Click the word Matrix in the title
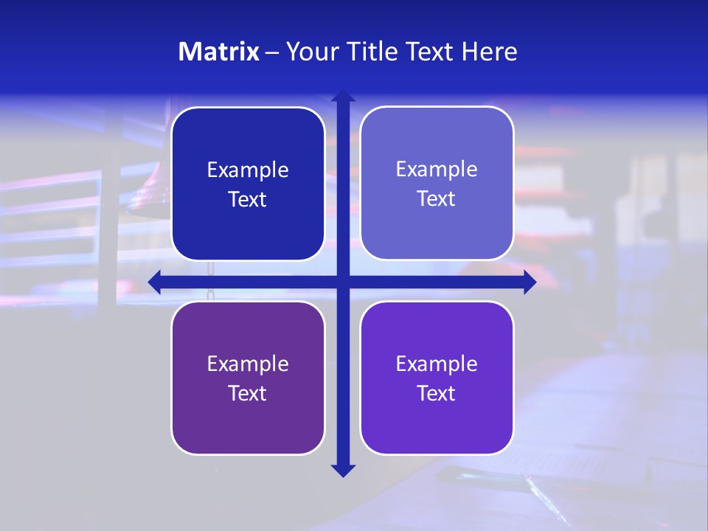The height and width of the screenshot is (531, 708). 219,52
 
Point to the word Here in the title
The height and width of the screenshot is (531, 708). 490,52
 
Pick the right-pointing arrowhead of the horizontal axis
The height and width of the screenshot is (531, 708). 529,282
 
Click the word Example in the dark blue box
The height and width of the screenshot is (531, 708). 248,170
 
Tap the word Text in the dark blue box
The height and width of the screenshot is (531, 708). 248,200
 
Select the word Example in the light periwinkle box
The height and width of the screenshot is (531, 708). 437,170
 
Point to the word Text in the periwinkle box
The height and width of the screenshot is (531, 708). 437,199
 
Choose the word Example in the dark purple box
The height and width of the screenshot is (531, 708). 248,364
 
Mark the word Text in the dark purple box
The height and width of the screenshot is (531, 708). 248,394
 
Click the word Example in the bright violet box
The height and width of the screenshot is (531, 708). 437,364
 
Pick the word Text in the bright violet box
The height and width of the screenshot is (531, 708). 437,394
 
